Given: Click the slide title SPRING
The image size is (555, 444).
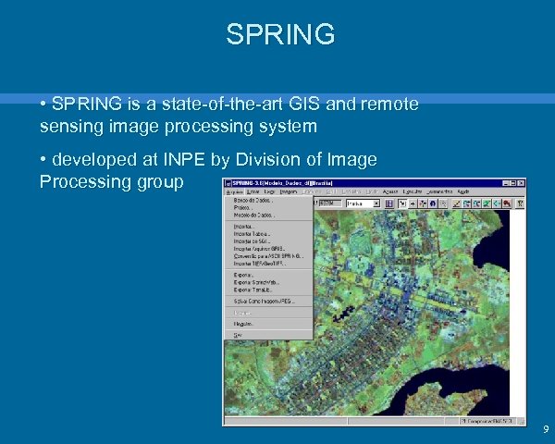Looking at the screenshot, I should (x=279, y=34).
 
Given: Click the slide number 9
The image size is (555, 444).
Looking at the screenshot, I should (x=545, y=429).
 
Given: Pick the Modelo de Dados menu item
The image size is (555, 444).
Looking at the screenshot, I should (x=252, y=215).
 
